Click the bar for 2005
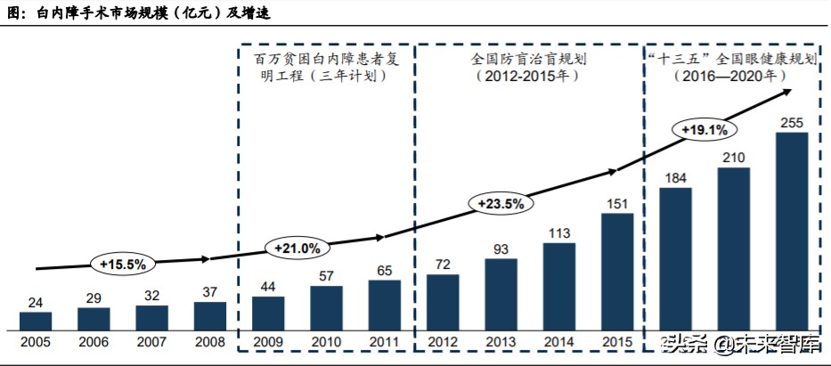pyautogui.click(x=36, y=321)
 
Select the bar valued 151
pyautogui.click(x=617, y=272)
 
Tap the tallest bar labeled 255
pyautogui.click(x=792, y=232)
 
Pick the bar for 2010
pyautogui.click(x=327, y=309)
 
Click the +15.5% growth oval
pyautogui.click(x=123, y=264)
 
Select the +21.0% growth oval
pyautogui.click(x=297, y=248)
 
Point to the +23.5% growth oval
pyautogui.click(x=501, y=203)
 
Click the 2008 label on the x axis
pyautogui.click(x=210, y=342)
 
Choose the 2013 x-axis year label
pyautogui.click(x=501, y=342)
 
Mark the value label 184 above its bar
pyautogui.click(x=675, y=178)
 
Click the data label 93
pyautogui.click(x=501, y=248)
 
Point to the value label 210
pyautogui.click(x=734, y=158)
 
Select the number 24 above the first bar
pyautogui.click(x=36, y=303)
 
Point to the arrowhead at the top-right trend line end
pyautogui.click(x=787, y=92)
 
